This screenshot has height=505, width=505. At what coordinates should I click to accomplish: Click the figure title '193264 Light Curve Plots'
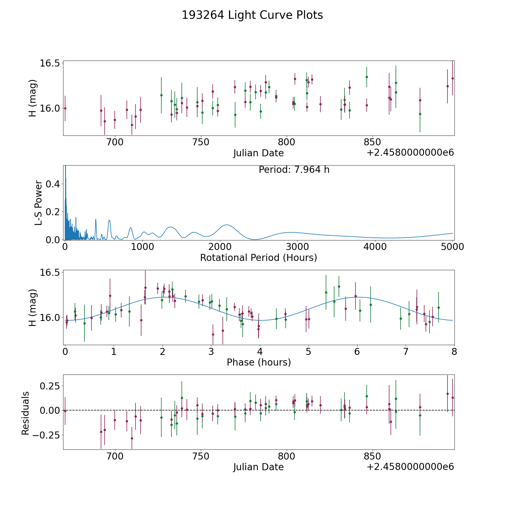pyautogui.click(x=252, y=15)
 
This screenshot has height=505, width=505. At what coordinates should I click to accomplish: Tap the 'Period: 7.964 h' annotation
pyautogui.click(x=294, y=170)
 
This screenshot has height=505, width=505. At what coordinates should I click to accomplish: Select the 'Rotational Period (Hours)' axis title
pyautogui.click(x=258, y=258)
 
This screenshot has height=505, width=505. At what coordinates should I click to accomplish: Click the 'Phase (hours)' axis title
pyautogui.click(x=258, y=362)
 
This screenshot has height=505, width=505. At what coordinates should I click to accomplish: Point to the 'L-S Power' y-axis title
pyautogui.click(x=38, y=203)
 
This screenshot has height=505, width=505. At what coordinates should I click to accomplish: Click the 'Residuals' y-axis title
pyautogui.click(x=25, y=413)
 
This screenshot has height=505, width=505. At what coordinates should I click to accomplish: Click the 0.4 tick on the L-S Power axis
pyautogui.click(x=53, y=184)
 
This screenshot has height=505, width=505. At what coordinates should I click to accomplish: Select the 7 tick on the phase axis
pyautogui.click(x=406, y=352)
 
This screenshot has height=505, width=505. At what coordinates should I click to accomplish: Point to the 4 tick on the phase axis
pyautogui.click(x=260, y=352)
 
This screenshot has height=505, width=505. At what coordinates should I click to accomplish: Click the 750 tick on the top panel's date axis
pyautogui.click(x=201, y=142)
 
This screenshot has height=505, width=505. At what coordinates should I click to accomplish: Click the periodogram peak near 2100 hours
pyautogui.click(x=226, y=225)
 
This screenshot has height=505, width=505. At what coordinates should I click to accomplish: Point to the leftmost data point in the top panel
pyautogui.click(x=65, y=108)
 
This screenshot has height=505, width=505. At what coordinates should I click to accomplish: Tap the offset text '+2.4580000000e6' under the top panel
pyautogui.click(x=410, y=153)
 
